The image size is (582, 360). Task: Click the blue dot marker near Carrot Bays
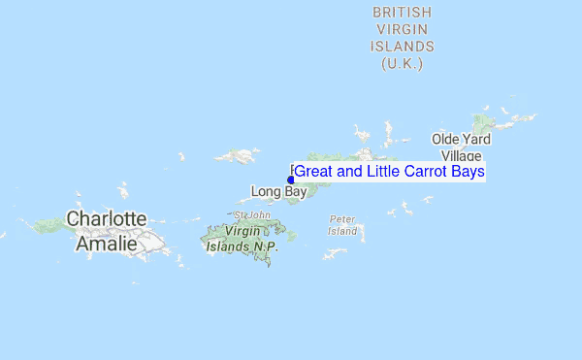[x=291, y=180]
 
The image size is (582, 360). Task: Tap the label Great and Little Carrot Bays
[x=389, y=172]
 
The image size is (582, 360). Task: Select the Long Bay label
[x=278, y=191]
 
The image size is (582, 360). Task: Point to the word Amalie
[x=107, y=242]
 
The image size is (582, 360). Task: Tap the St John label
[x=251, y=214]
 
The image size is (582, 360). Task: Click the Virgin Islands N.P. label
[x=242, y=240]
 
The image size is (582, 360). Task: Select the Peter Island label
[x=343, y=225]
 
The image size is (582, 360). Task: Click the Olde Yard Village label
[x=461, y=147]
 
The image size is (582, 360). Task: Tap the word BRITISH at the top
[x=403, y=12]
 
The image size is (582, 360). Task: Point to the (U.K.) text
[x=403, y=64]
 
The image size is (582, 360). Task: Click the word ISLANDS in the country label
[x=403, y=47]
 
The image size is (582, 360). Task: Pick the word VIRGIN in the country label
[x=403, y=29]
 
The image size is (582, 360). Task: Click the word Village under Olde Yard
[x=461, y=156]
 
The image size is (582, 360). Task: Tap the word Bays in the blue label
[x=467, y=172]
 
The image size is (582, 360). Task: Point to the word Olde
[x=447, y=139]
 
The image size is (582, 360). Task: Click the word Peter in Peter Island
[x=343, y=219]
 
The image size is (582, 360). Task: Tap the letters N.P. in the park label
[x=266, y=246]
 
